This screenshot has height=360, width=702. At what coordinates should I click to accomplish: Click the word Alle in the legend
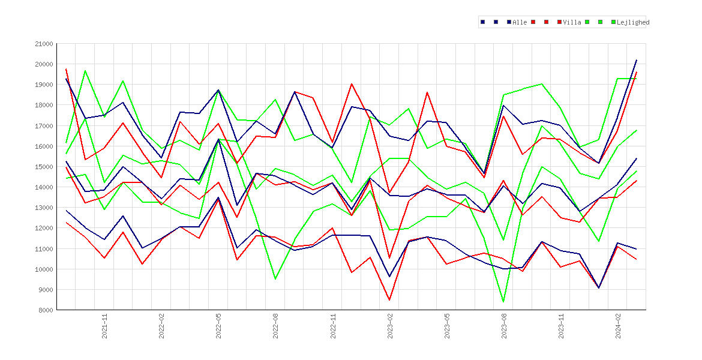tap(520, 22)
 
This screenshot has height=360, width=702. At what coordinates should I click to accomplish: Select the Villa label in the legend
tap(572, 22)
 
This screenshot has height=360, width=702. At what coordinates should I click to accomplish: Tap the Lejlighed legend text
tap(632, 22)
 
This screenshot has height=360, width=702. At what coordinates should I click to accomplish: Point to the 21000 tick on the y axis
tap(44, 44)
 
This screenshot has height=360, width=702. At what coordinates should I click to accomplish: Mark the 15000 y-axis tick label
tap(44, 167)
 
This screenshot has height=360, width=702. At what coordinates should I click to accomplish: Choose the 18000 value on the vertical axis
tap(44, 105)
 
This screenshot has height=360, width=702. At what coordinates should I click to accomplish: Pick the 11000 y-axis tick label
tap(44, 248)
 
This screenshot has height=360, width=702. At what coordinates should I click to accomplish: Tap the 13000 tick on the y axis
tap(44, 208)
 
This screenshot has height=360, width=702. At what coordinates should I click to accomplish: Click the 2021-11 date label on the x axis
tap(105, 326)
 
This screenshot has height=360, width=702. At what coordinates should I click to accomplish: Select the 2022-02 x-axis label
tap(161, 326)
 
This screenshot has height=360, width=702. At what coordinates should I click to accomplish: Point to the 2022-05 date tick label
tap(219, 326)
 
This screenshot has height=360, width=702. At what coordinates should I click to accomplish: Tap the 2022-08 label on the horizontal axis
tap(276, 326)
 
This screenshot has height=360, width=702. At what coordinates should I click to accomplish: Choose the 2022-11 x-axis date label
tap(333, 326)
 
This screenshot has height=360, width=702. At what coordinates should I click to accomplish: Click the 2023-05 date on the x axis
tap(447, 326)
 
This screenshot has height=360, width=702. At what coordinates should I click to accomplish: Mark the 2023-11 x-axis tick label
tap(562, 326)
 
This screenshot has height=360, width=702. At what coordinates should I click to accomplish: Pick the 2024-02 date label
tap(618, 326)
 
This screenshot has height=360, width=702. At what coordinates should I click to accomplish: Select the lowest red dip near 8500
tap(389, 300)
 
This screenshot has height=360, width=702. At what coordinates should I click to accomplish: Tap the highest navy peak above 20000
tap(637, 60)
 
